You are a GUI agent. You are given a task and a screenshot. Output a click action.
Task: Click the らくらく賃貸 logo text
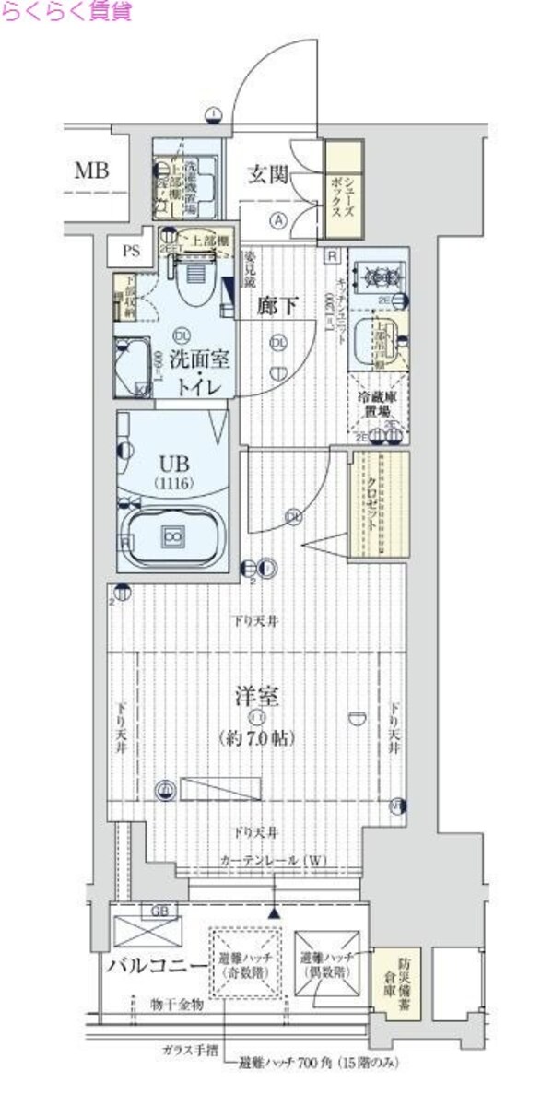[x=65, y=12]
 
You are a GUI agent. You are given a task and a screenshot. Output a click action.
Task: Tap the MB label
[x=91, y=171]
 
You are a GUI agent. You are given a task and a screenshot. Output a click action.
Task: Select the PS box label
[x=128, y=250]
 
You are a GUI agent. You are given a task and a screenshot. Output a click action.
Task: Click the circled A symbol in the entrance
[x=277, y=219]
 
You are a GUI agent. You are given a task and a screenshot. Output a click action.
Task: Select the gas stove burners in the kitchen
[x=377, y=275]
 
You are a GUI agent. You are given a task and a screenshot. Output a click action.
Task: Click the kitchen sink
[x=383, y=338]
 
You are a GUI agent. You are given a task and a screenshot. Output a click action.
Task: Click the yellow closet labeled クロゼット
[x=378, y=502]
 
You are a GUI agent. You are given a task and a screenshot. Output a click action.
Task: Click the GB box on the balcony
[x=160, y=912]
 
